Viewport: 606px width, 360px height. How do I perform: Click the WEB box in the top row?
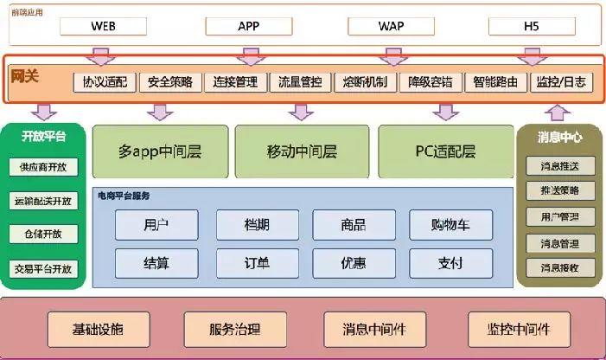point(103,25)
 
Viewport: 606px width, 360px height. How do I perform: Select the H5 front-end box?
point(531,25)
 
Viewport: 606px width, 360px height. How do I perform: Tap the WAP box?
point(391,25)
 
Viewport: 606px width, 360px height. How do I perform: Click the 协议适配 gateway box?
point(105,82)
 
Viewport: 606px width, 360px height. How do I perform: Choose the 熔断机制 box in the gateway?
point(365,82)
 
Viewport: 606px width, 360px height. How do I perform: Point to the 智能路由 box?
point(495,82)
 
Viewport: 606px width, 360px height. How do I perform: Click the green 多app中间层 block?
point(160,151)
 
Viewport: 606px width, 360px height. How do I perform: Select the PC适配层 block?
point(444,151)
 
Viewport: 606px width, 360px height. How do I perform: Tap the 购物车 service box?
point(450,225)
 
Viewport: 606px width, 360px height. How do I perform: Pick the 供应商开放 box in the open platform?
point(43,167)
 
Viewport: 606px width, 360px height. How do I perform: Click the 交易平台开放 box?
point(43,268)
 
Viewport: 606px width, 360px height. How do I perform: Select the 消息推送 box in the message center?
point(559,166)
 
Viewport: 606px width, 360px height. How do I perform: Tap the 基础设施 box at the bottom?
point(98,329)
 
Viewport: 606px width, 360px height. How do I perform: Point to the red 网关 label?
point(23,76)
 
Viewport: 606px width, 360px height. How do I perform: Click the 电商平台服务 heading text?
point(124,196)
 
